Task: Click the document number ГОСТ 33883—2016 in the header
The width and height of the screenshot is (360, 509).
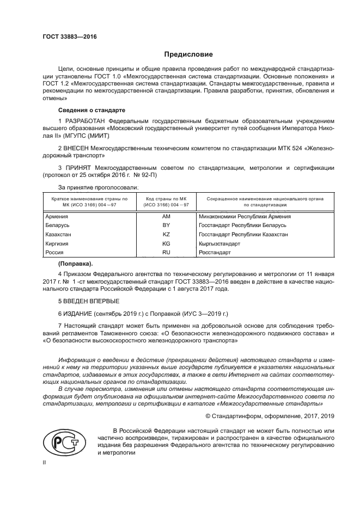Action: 69,37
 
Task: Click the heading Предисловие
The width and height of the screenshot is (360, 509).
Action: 188,54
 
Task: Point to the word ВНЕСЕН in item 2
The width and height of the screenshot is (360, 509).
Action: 76,148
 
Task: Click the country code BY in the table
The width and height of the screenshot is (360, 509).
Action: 166,225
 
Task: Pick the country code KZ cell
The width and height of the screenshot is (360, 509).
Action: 166,235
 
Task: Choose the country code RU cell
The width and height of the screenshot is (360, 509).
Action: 166,253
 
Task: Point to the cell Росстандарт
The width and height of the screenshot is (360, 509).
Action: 215,253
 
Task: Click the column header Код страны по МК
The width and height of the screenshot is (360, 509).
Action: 166,201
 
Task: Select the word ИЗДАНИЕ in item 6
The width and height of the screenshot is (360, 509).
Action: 78,314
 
